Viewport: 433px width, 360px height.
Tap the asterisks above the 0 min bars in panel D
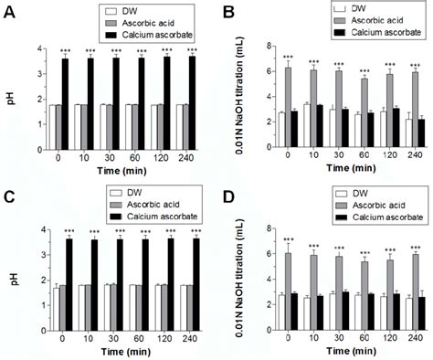click(x=288, y=241)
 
